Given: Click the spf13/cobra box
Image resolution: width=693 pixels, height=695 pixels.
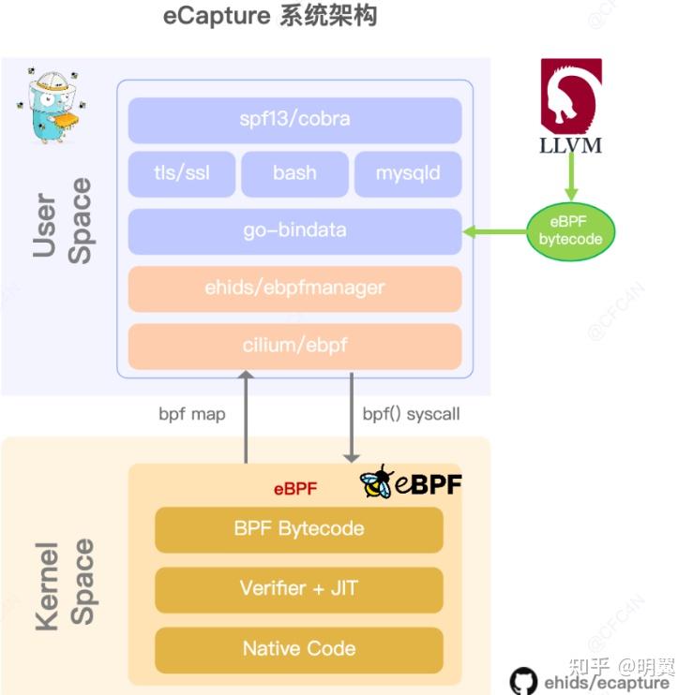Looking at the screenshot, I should click(294, 120).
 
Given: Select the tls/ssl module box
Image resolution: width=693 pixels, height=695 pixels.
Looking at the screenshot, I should click(182, 173).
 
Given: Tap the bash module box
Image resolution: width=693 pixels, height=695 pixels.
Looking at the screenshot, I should click(294, 173).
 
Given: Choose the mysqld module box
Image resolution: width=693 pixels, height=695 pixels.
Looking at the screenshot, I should click(407, 173).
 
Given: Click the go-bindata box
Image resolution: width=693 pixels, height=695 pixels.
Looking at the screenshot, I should click(294, 231).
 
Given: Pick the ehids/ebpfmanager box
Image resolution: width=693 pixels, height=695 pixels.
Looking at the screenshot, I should click(294, 288).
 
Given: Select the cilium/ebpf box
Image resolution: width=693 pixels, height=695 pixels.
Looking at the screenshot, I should click(294, 346).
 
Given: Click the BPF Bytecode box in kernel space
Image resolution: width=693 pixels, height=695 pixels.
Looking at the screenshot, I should click(298, 529).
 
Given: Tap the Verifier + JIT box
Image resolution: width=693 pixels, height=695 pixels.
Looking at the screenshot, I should click(298, 589).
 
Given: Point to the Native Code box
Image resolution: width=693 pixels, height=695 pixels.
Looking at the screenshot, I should click(298, 649).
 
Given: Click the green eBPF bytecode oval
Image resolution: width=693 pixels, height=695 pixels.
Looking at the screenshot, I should click(570, 230).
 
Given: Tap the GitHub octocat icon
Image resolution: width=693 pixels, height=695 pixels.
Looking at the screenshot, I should click(523, 681).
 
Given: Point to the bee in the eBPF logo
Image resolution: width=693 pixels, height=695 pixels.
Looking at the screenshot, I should click(377, 481).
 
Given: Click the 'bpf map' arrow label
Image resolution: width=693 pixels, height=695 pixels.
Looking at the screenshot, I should click(192, 414).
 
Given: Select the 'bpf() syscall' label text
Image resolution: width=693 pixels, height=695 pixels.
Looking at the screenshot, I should click(411, 414).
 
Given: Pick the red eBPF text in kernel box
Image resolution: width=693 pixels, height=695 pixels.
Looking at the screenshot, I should click(295, 488).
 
